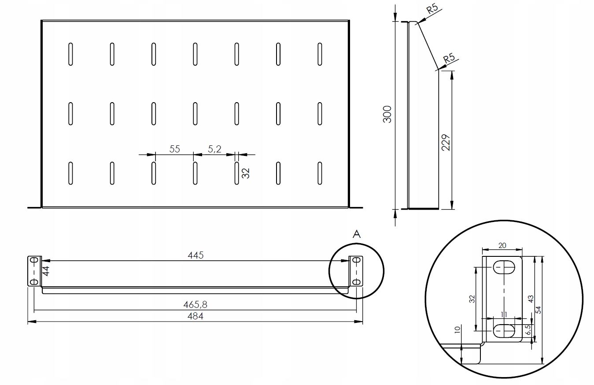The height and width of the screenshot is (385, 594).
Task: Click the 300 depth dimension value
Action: tap(387, 115)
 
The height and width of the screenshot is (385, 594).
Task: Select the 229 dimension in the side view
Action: tap(445, 142)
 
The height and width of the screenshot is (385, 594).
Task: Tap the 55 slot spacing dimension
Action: tap(175, 149)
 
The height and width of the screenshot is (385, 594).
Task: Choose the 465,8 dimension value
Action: tap(196, 304)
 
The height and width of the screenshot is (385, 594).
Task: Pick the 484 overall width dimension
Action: tap(196, 316)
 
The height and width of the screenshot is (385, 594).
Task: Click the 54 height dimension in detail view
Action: tap(538, 310)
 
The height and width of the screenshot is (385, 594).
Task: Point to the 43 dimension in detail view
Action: tap(531, 299)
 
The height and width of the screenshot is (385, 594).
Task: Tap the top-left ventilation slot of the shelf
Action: tap(70, 54)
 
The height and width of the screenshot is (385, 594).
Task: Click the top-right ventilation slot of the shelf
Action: tap(320, 54)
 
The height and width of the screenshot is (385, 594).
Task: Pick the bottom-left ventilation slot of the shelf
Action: tap(70, 173)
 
